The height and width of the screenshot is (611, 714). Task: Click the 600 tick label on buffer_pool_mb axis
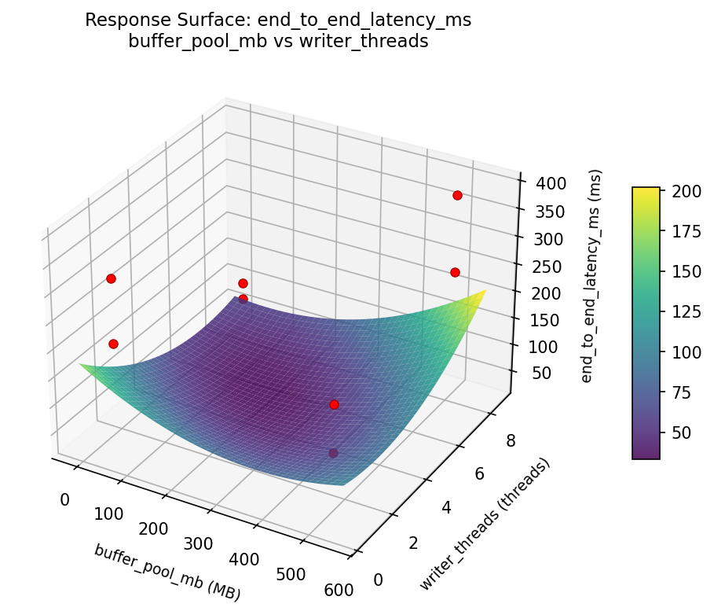click(339, 589)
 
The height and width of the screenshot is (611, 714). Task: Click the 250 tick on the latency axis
click(546, 267)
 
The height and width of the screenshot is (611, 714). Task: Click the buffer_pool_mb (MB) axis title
click(167, 572)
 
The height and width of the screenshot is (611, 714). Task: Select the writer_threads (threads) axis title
click(484, 524)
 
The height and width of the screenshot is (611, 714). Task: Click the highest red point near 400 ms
click(457, 195)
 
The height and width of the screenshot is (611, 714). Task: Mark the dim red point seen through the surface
click(333, 453)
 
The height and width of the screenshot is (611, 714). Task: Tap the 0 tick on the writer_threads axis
click(379, 580)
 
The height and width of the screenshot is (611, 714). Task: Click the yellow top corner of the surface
click(484, 291)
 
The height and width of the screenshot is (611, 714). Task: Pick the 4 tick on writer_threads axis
click(446, 509)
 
